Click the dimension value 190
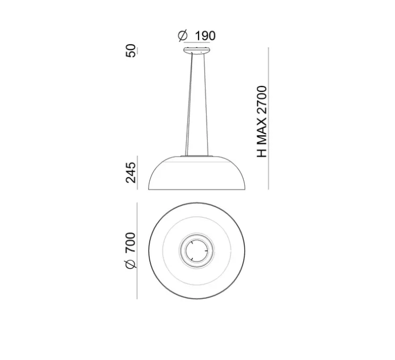(205, 36)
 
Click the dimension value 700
(131, 243)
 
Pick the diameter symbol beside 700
(131, 265)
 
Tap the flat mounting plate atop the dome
(199, 156)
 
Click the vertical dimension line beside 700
(138, 250)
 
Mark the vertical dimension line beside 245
(138, 173)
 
